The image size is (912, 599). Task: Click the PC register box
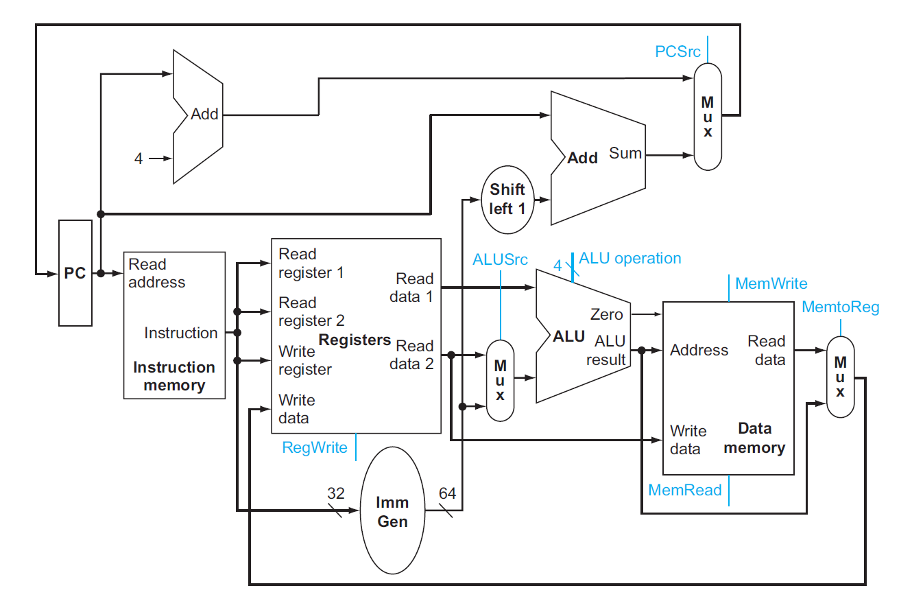[75, 273]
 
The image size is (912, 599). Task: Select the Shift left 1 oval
[507, 199]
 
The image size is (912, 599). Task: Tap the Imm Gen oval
[392, 512]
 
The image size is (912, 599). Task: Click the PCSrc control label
[678, 51]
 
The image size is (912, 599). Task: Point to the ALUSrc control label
[501, 260]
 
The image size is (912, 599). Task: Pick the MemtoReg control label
[840, 307]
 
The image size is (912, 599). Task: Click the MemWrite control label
[771, 283]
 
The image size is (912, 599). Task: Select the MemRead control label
[685, 490]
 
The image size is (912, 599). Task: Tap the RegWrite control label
[315, 447]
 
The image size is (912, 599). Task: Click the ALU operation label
[630, 258]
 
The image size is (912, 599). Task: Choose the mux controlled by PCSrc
[708, 117]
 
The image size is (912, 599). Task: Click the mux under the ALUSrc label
[501, 379]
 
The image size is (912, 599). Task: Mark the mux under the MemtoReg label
[840, 376]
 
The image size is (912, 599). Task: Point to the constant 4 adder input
[139, 158]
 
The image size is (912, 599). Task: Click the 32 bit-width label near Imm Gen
[336, 493]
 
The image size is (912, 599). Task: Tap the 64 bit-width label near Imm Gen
[447, 493]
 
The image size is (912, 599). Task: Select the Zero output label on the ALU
[607, 314]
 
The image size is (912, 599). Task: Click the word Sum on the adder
[625, 153]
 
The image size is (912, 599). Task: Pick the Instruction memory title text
[174, 376]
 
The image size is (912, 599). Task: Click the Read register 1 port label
[311, 263]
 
